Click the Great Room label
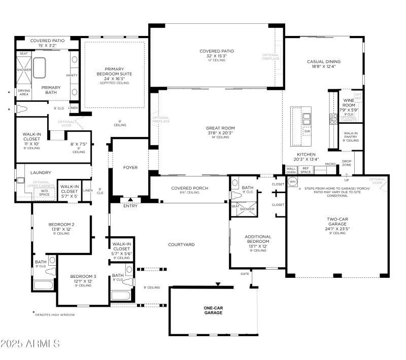pos(220,134)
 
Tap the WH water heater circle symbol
pos(292,183)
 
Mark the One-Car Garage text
pos(213,310)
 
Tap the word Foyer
pos(130,167)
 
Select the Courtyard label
pos(182,244)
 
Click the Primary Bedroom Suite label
pos(118,71)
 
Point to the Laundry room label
pos(41,172)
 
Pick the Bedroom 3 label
pos(83,279)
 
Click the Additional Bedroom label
pos(258,239)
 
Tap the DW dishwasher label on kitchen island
pos(307,131)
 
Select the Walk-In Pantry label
pos(351,135)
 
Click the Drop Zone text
pos(347,164)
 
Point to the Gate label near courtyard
pos(245,274)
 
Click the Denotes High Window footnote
pos(55,315)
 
